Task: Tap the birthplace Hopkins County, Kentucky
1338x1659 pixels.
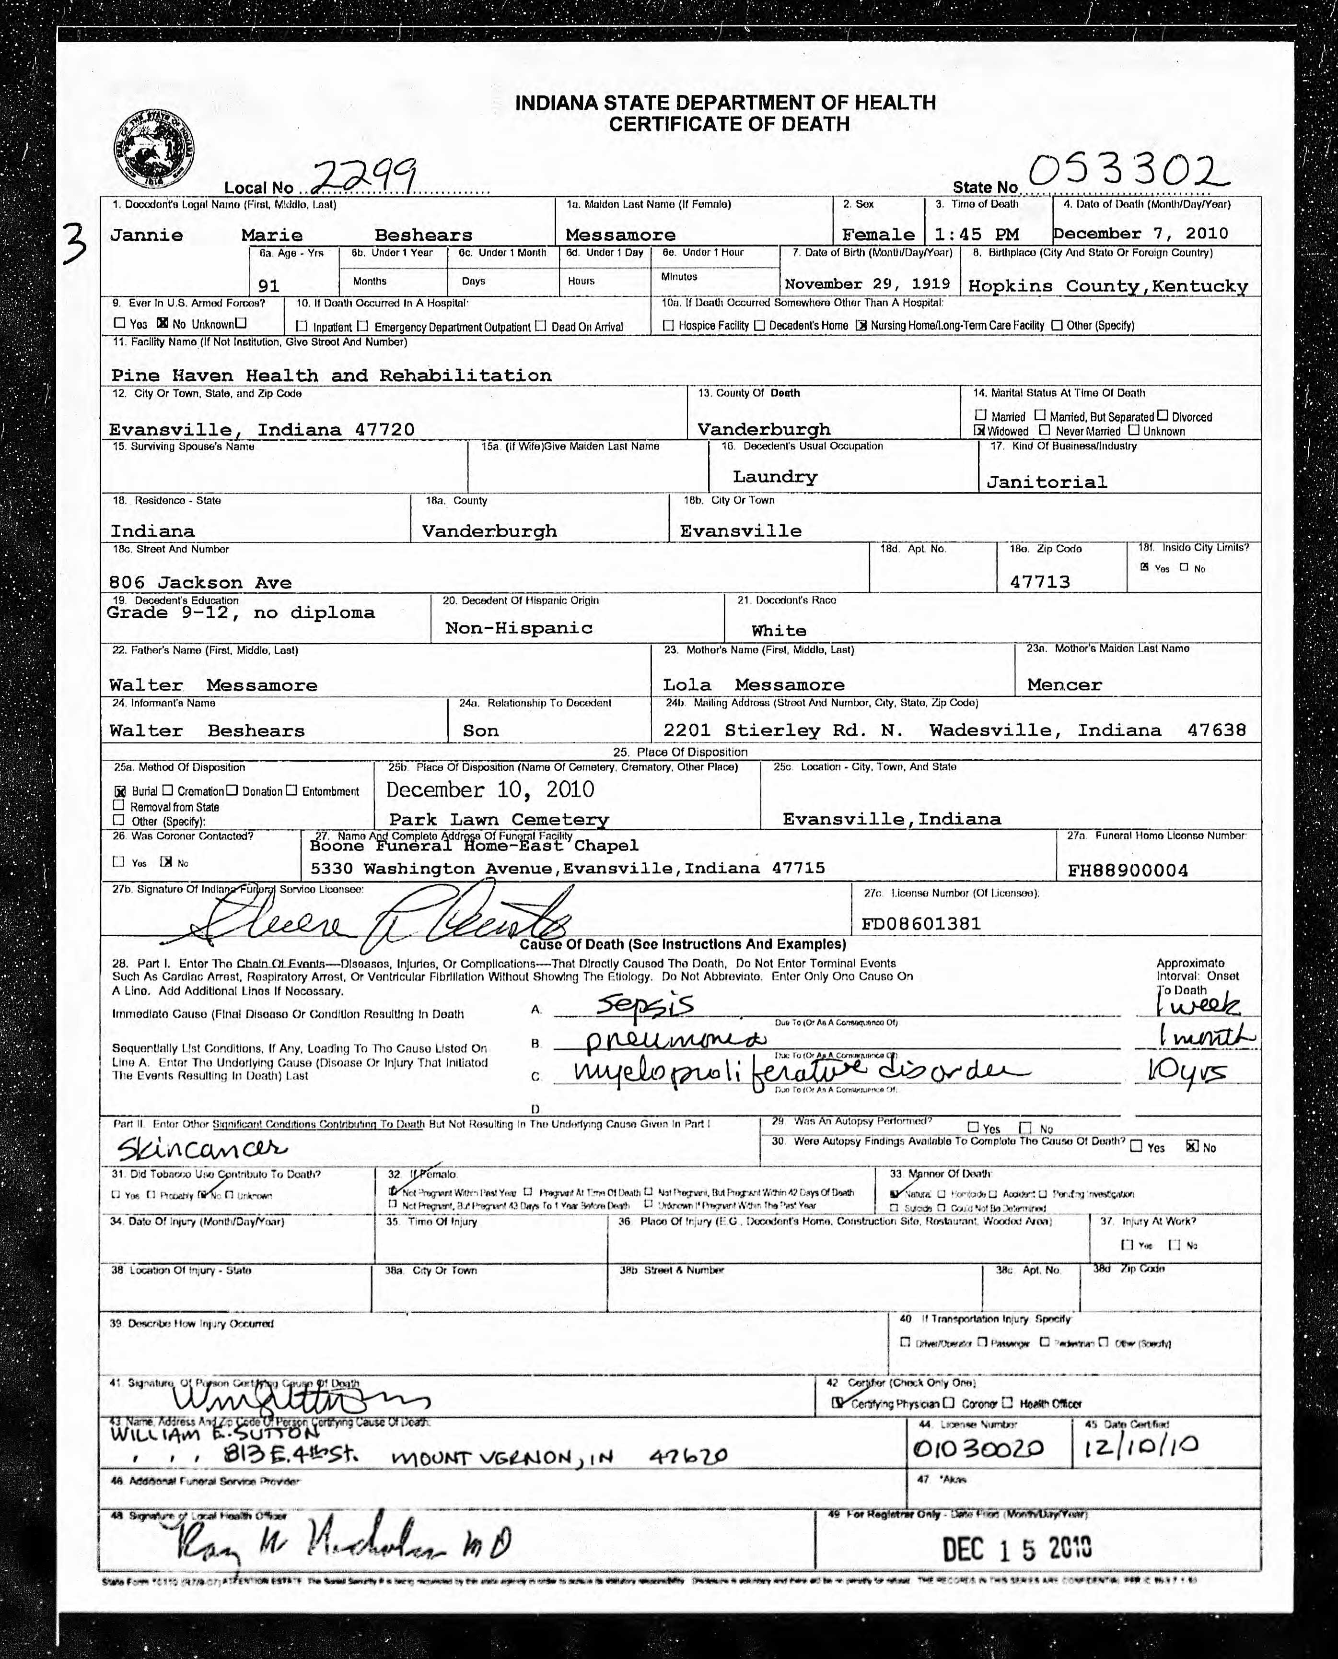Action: click(1107, 286)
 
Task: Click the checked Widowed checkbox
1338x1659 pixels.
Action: click(980, 431)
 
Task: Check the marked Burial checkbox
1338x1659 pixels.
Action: click(120, 791)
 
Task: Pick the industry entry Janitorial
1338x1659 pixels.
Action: click(1046, 482)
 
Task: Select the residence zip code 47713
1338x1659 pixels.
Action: click(1040, 582)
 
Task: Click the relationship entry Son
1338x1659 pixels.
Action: click(480, 731)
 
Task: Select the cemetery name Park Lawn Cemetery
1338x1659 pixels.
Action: click(498, 820)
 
